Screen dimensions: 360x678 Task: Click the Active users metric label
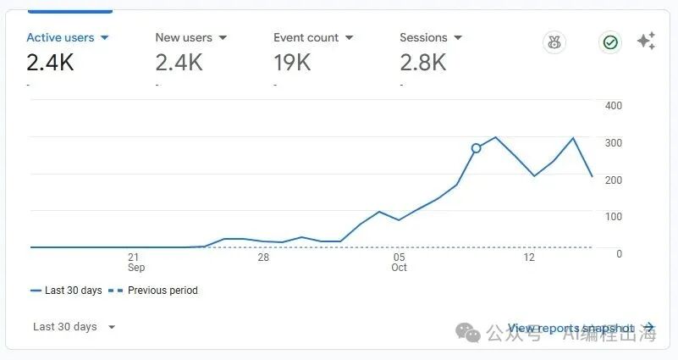click(59, 38)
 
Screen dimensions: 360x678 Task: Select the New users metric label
click(184, 38)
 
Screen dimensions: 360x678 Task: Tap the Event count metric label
click(306, 38)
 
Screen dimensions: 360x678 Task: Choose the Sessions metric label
click(423, 38)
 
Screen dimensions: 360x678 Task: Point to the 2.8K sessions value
click(422, 62)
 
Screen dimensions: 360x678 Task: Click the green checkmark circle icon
click(609, 42)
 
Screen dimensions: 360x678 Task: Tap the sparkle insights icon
click(646, 42)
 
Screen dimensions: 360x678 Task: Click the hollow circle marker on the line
click(476, 148)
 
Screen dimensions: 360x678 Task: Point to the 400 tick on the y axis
click(614, 106)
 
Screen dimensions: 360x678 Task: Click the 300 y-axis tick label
click(614, 142)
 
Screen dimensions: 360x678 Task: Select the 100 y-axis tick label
click(614, 217)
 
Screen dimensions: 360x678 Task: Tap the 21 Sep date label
click(134, 262)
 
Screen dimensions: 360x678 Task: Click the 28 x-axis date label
click(263, 257)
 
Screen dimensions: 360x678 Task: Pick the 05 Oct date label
click(399, 262)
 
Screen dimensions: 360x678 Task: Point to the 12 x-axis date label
click(530, 257)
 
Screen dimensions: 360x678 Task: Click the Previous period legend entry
click(161, 291)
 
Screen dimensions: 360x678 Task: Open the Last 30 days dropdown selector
click(74, 327)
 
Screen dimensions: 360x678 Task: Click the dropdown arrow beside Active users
click(105, 38)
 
